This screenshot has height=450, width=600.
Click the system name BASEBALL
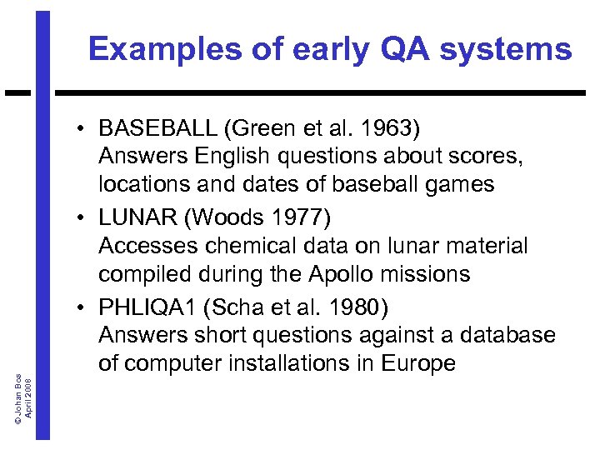156,129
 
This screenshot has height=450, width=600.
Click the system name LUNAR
137,218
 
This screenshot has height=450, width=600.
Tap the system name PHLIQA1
150,307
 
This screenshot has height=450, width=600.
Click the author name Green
260,129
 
